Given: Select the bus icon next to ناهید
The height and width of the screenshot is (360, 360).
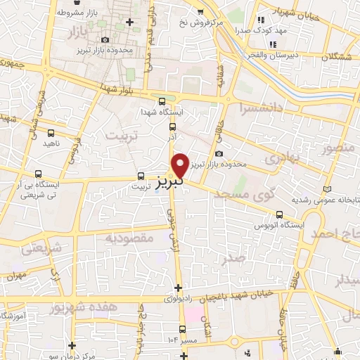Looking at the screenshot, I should [52, 132].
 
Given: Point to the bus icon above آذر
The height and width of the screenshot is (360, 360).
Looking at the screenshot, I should [172, 127].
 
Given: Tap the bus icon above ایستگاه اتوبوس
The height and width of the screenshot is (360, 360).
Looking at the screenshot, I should [280, 214].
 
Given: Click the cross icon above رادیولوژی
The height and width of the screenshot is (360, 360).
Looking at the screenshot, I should [179, 288].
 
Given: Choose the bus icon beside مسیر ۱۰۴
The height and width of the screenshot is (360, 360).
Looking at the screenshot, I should [183, 329].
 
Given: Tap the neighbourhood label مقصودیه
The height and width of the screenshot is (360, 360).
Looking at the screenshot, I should [129, 238].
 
